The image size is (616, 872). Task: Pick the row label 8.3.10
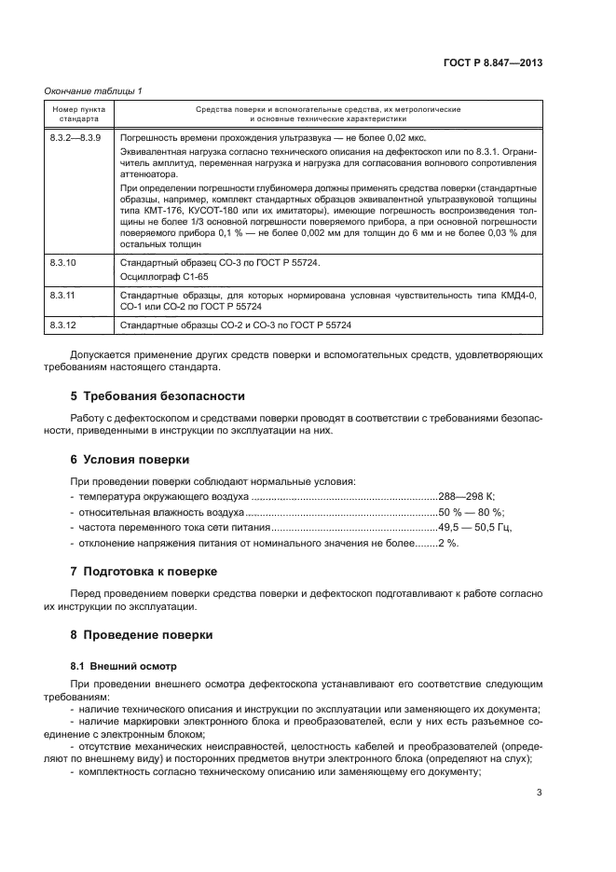[62, 264]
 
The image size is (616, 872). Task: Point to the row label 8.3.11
[62, 295]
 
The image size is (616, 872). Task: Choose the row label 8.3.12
[62, 325]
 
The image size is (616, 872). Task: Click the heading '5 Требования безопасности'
[158, 394]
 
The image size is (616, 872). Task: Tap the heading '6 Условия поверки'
[130, 459]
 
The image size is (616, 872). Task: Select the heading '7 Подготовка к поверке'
[144, 571]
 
